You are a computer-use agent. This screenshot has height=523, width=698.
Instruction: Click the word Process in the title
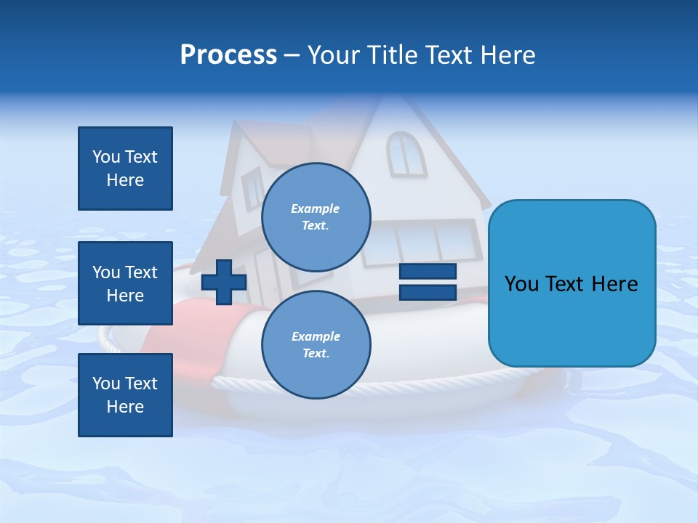(x=228, y=55)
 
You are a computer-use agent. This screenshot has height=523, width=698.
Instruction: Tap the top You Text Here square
(x=125, y=169)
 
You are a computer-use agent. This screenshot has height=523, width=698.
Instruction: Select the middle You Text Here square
(x=125, y=283)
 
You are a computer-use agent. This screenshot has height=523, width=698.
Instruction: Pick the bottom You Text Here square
(x=125, y=395)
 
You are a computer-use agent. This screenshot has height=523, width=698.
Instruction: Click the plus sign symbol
(x=224, y=282)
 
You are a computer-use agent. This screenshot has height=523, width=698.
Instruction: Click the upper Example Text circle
(x=316, y=216)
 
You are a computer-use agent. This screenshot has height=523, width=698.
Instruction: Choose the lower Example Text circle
(x=316, y=344)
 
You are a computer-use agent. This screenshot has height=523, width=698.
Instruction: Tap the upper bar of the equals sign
(x=428, y=272)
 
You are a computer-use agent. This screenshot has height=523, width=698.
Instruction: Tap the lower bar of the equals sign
(x=428, y=292)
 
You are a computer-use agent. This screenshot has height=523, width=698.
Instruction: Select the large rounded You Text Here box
(x=571, y=283)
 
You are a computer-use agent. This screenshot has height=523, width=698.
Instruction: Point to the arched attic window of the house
(x=406, y=153)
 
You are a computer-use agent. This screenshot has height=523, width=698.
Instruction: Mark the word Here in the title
(x=509, y=55)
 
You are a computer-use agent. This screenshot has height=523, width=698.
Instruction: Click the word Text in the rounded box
(x=571, y=284)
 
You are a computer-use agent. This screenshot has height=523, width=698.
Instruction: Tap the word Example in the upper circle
(x=316, y=208)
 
